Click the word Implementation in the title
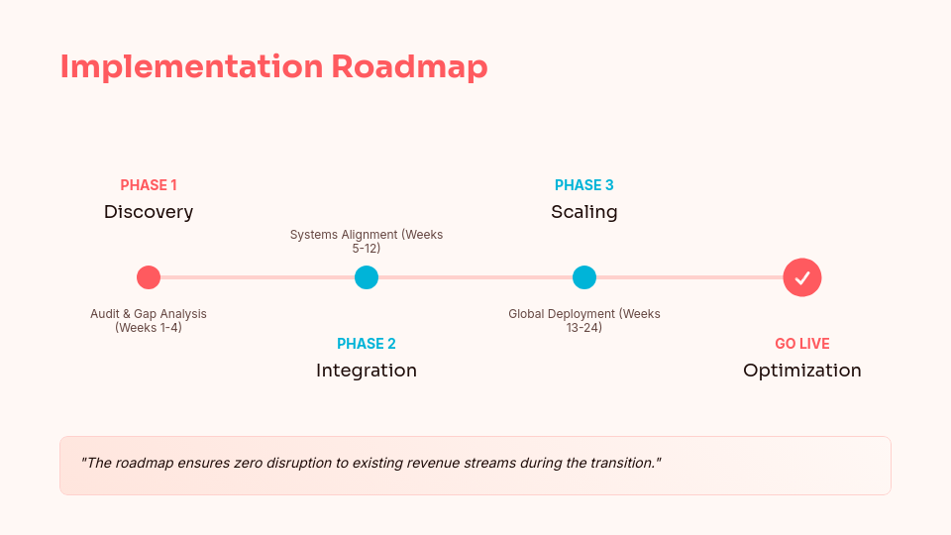(x=190, y=66)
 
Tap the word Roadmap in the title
(x=409, y=66)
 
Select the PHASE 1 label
(x=149, y=185)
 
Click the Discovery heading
(x=149, y=211)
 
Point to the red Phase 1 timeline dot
(x=149, y=277)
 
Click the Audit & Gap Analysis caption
(x=149, y=320)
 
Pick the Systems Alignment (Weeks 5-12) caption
(x=367, y=241)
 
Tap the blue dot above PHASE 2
(x=367, y=277)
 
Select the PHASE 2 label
(x=367, y=344)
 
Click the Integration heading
(x=367, y=370)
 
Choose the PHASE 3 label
(x=584, y=185)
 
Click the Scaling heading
(x=584, y=211)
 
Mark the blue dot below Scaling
(x=584, y=277)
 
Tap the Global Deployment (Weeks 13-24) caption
(x=584, y=320)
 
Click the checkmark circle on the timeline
(x=802, y=277)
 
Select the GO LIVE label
(x=802, y=344)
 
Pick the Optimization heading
(x=802, y=370)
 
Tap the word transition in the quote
(x=620, y=463)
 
